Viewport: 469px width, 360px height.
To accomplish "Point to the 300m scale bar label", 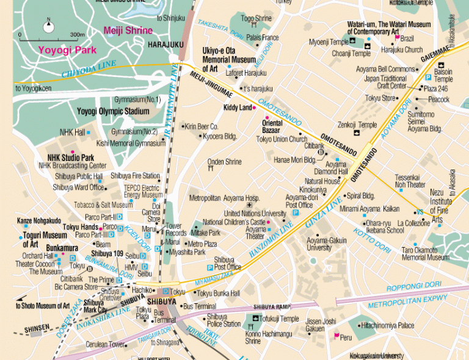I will click(77, 35).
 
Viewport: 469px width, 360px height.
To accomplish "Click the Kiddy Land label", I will click(238, 107).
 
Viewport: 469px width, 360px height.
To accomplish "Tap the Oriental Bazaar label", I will click(267, 127).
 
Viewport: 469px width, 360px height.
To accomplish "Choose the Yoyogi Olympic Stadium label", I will click(113, 111).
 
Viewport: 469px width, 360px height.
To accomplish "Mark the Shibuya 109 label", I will click(107, 253).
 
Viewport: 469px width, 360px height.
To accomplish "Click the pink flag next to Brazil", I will click(397, 38).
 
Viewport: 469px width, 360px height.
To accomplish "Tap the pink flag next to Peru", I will click(335, 336).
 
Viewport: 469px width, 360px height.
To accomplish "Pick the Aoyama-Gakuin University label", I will click(327, 244).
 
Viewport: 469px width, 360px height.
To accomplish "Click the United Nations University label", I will click(254, 214).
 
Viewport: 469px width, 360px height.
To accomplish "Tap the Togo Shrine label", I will click(256, 18).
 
